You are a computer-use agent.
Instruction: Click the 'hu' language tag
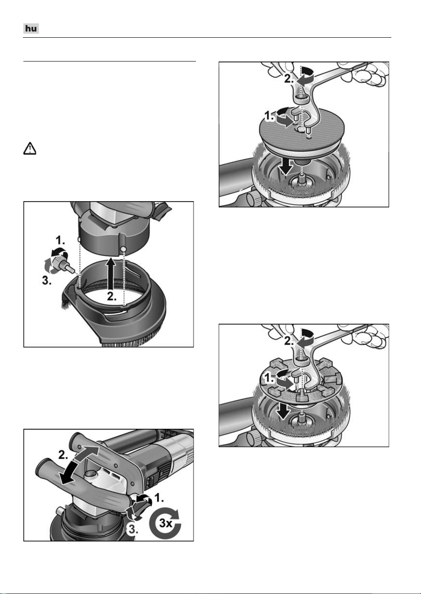[x=31, y=28]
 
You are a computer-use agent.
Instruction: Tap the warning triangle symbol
[x=30, y=149]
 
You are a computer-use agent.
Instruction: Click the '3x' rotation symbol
[x=165, y=523]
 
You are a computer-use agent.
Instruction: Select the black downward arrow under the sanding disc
[x=286, y=167]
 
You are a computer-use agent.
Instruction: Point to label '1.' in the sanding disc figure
[x=270, y=116]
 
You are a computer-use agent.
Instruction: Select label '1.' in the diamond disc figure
[x=270, y=379]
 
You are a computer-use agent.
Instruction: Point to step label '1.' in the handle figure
[x=159, y=498]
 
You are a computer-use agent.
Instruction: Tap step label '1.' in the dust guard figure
[x=60, y=241]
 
